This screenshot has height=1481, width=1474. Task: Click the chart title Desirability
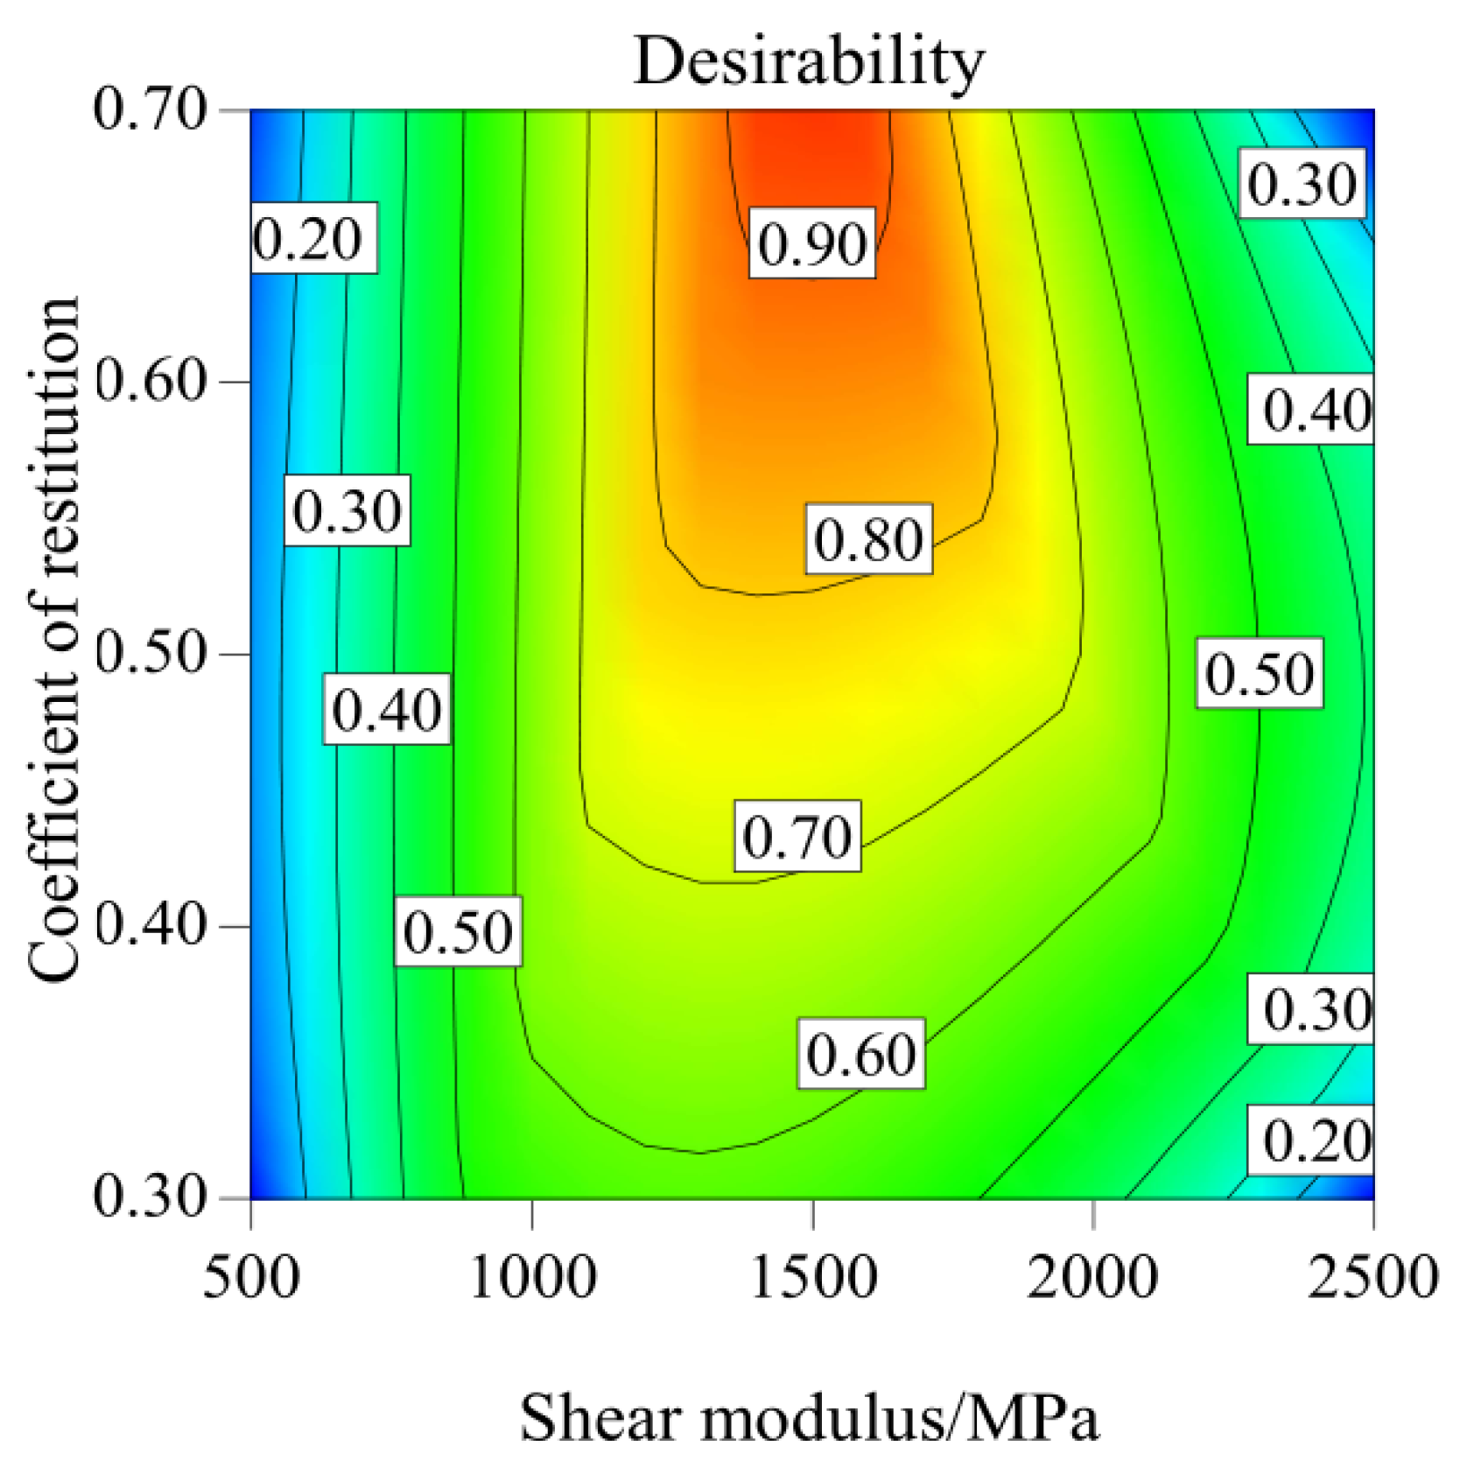tap(808, 61)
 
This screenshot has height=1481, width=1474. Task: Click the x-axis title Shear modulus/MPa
tap(808, 1417)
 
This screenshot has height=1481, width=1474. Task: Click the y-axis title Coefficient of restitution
tap(54, 639)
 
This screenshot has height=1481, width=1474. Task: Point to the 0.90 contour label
tap(811, 243)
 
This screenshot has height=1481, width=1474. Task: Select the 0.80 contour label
tap(868, 539)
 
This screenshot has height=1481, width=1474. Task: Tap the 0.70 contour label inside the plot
tap(797, 836)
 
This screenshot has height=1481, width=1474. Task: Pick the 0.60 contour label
tap(860, 1054)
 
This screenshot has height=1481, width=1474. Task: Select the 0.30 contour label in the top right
tap(1302, 184)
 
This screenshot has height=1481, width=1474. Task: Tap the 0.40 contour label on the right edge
tap(1316, 410)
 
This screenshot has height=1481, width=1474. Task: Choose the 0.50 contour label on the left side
tap(458, 931)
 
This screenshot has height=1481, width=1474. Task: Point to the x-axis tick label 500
tap(251, 1277)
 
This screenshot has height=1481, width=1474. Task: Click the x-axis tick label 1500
tap(813, 1277)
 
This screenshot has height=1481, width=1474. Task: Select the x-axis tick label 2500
tap(1372, 1277)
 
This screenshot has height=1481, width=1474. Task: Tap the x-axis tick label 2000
tap(1092, 1277)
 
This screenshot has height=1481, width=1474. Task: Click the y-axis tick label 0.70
tap(149, 110)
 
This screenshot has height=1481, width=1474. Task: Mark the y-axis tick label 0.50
tap(149, 654)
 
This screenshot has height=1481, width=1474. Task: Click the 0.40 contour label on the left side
tap(386, 709)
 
